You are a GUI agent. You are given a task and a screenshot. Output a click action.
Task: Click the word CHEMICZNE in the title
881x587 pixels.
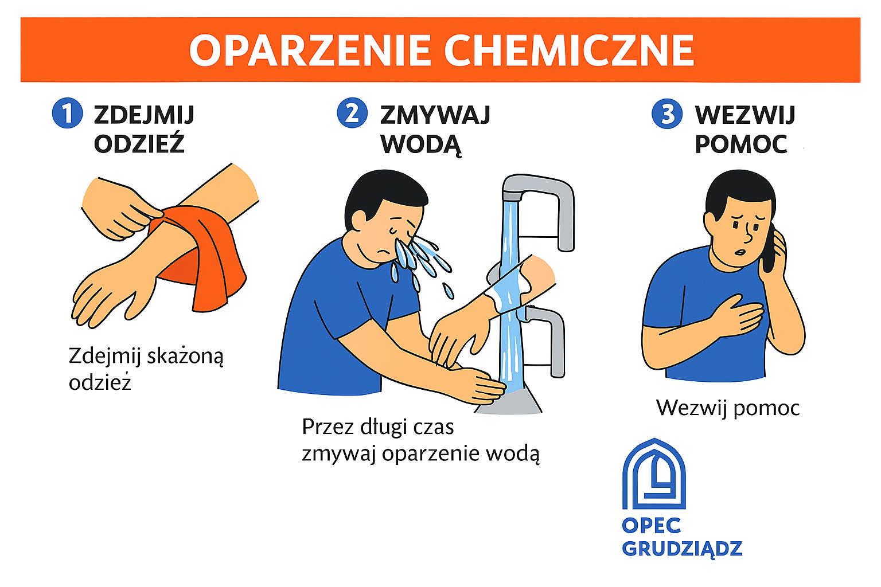pos(569,50)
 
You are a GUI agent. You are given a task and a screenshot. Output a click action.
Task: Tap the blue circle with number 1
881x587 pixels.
pos(67,114)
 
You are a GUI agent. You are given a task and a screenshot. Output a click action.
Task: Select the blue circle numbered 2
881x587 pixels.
pos(352,114)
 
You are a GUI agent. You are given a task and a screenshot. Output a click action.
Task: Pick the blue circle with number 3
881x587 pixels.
pos(667,114)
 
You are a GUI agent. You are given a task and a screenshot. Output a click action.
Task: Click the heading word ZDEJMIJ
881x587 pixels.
pos(144,115)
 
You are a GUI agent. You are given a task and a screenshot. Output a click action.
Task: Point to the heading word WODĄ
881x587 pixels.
pos(420,145)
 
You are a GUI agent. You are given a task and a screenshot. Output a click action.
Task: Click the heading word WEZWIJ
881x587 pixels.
pos(745,115)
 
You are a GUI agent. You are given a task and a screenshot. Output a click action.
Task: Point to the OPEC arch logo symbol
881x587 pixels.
pos(654,473)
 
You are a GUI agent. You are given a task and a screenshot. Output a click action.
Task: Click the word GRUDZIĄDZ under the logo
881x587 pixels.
pos(682,549)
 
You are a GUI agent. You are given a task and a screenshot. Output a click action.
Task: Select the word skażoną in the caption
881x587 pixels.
pos(185,357)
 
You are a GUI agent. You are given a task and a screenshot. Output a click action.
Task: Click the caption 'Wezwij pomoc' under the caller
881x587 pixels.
pos(728,409)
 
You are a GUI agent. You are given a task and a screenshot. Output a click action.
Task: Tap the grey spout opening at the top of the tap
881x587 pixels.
pos(512,196)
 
